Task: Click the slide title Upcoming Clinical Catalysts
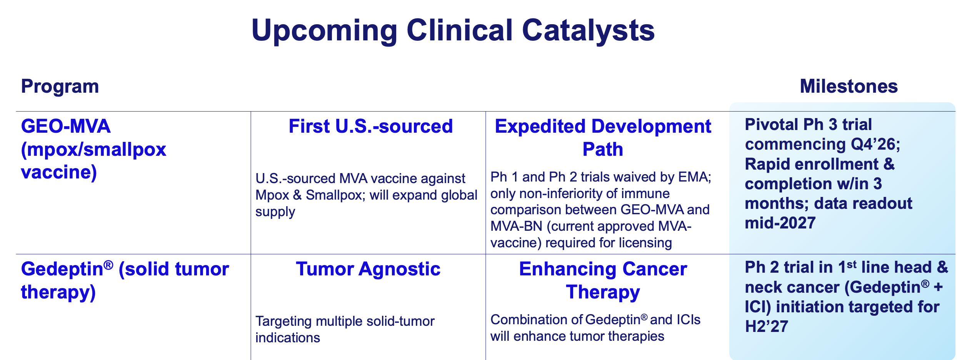point(453,31)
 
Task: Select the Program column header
point(60,87)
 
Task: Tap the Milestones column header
point(849,87)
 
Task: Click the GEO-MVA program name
point(66,126)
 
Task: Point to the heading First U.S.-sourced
point(371,126)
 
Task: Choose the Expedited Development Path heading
point(603,138)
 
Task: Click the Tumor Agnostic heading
point(368,269)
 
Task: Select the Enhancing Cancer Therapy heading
point(603,280)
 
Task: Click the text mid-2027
point(780,223)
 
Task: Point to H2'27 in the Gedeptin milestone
point(767,327)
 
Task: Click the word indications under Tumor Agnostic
point(288,338)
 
